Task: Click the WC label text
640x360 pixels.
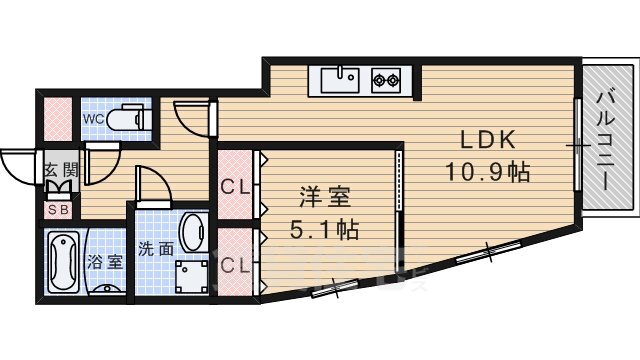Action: point(93,119)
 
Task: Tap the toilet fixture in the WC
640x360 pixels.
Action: point(126,117)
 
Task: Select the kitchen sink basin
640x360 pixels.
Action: point(340,80)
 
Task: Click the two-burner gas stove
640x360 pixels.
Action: point(386,80)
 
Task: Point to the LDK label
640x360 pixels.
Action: point(487,140)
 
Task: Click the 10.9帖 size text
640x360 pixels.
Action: point(487,171)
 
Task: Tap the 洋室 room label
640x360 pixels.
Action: point(325,197)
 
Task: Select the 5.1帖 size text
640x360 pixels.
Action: point(324,229)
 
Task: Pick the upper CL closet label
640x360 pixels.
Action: point(235,187)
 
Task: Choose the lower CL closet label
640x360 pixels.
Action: point(235,266)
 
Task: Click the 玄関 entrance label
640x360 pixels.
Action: point(61,169)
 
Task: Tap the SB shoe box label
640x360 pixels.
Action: point(59,210)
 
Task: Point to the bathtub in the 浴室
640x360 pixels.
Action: point(63,262)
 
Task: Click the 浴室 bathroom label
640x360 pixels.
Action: point(104,262)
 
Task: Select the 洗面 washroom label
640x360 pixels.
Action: point(156,248)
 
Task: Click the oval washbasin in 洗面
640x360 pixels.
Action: point(191,232)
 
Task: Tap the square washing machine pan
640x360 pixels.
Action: point(191,277)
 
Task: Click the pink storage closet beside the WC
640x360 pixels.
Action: point(58,119)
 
